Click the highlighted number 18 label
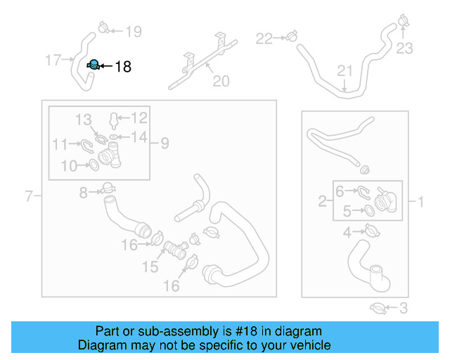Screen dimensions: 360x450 122,67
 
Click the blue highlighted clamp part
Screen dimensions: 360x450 92,65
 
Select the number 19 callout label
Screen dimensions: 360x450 133,31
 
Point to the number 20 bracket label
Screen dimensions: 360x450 221,82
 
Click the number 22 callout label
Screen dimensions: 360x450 263,39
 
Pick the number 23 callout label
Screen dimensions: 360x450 405,48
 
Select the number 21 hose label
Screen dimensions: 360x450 344,70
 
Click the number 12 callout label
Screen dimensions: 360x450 139,117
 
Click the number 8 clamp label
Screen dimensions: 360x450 83,192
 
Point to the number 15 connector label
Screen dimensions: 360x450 150,267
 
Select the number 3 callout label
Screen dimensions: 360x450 403,307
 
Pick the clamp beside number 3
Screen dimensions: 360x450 378,307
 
